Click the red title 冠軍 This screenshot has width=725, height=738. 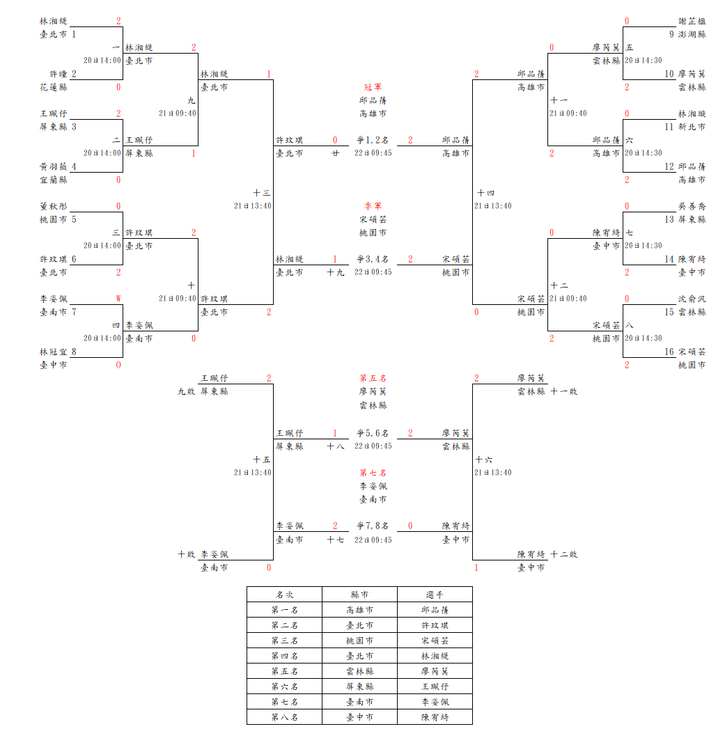click(x=373, y=87)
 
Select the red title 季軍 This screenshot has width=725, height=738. click(x=373, y=206)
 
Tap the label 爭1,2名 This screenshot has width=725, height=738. click(x=373, y=140)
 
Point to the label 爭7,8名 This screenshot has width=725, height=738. click(x=373, y=526)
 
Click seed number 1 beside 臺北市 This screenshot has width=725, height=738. click(x=75, y=33)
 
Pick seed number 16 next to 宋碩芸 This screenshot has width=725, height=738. click(x=669, y=352)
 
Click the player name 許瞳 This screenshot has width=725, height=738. click(x=58, y=74)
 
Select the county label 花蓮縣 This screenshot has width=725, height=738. click(x=54, y=87)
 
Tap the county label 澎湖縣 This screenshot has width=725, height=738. click(x=692, y=33)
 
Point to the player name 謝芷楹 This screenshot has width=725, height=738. click(x=692, y=21)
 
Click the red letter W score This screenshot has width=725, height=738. click(x=118, y=299)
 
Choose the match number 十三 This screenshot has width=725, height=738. click(x=262, y=193)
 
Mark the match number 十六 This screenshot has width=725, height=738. click(x=484, y=460)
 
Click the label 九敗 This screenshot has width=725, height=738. click(x=186, y=391)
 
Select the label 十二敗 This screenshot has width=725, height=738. click(x=564, y=554)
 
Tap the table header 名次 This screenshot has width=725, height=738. click(x=284, y=595)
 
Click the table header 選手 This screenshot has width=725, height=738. click(x=435, y=595)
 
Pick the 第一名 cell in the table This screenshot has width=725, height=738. click(x=284, y=610)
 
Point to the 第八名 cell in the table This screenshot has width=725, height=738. click(x=284, y=717)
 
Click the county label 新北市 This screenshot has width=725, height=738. click(x=692, y=127)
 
